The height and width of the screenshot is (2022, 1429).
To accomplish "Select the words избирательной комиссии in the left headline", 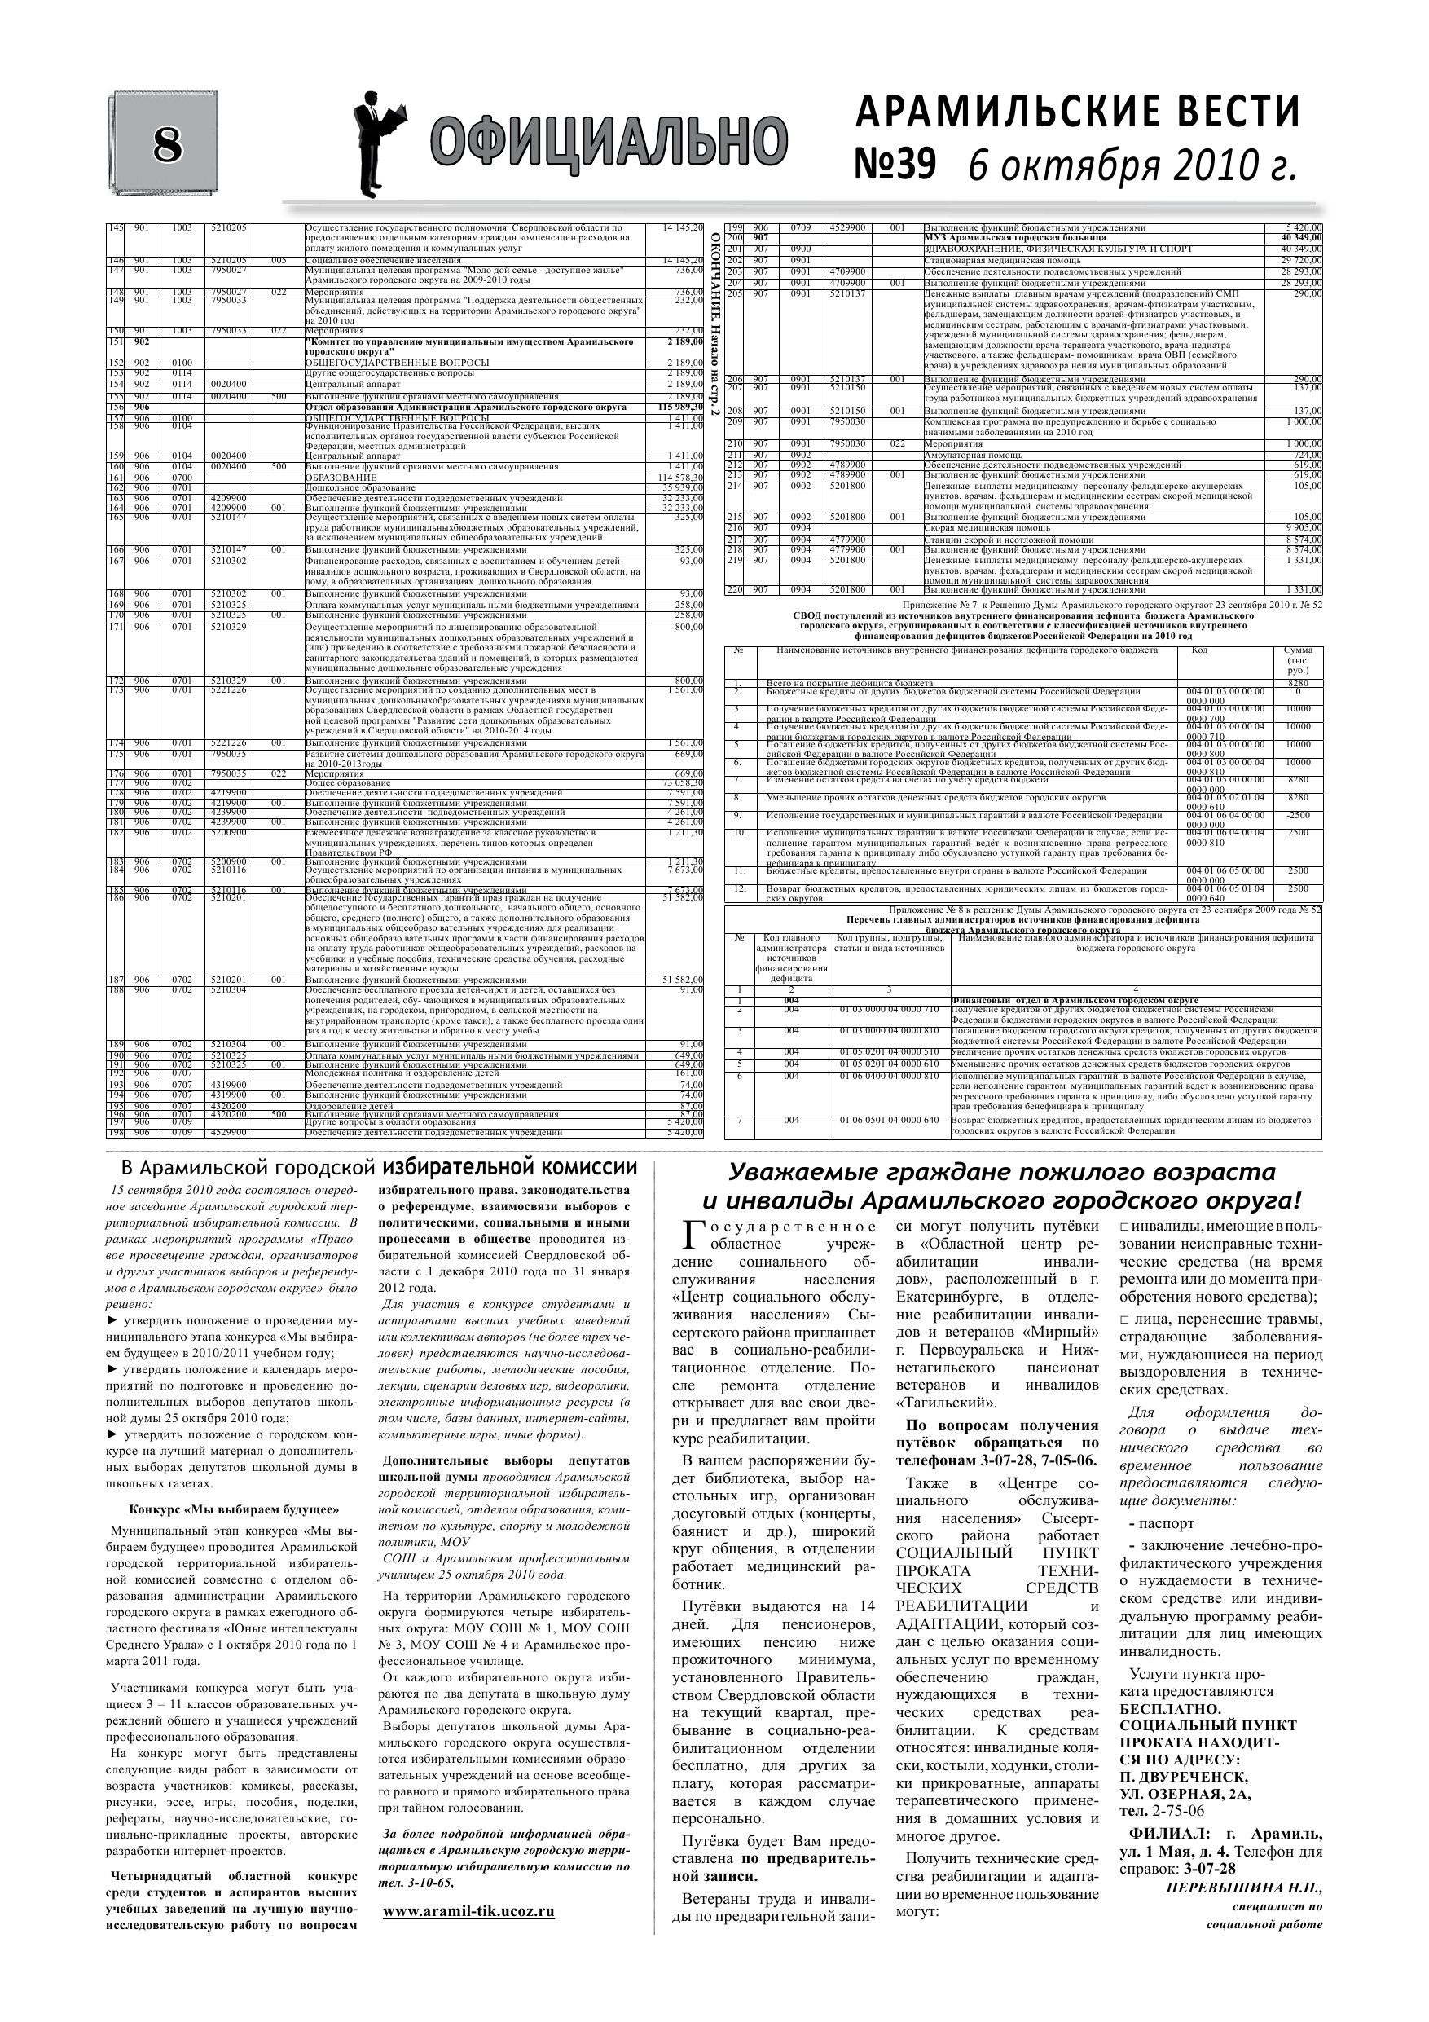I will click(x=509, y=1169).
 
